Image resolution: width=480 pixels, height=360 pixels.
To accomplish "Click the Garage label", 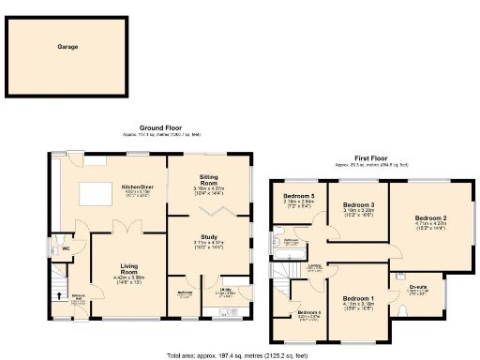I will [66, 46].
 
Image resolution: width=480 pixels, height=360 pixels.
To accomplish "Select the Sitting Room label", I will [209, 176].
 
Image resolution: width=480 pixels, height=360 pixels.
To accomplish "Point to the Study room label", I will [209, 236].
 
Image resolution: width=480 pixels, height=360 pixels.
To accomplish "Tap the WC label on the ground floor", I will [64, 249].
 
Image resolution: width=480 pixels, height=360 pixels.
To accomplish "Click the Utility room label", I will [227, 292].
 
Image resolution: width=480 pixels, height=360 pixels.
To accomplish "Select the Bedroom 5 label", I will [298, 196].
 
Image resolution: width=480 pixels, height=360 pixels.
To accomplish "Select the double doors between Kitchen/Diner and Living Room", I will [128, 226].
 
